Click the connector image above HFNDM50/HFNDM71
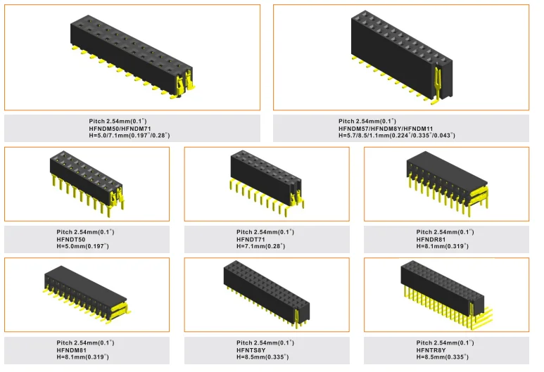[132, 56]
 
